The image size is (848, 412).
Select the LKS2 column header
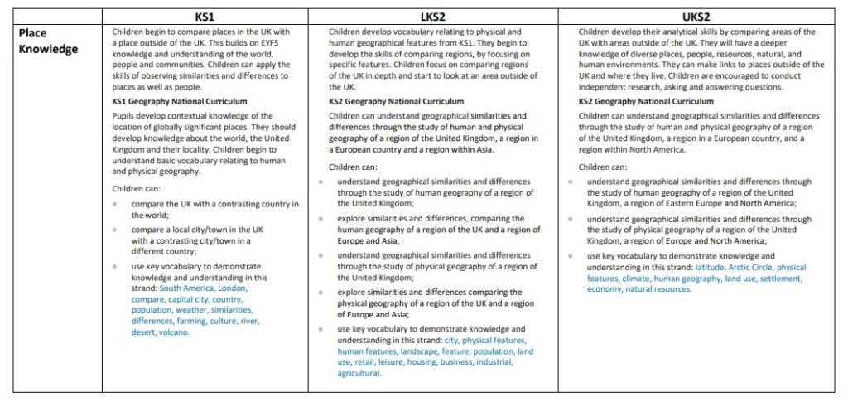[x=432, y=17]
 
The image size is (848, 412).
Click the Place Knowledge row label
[x=48, y=41]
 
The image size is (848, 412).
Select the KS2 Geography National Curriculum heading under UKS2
[x=646, y=101]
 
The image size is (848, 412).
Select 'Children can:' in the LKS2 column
[x=353, y=167]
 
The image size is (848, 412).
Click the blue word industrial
[x=493, y=362]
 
